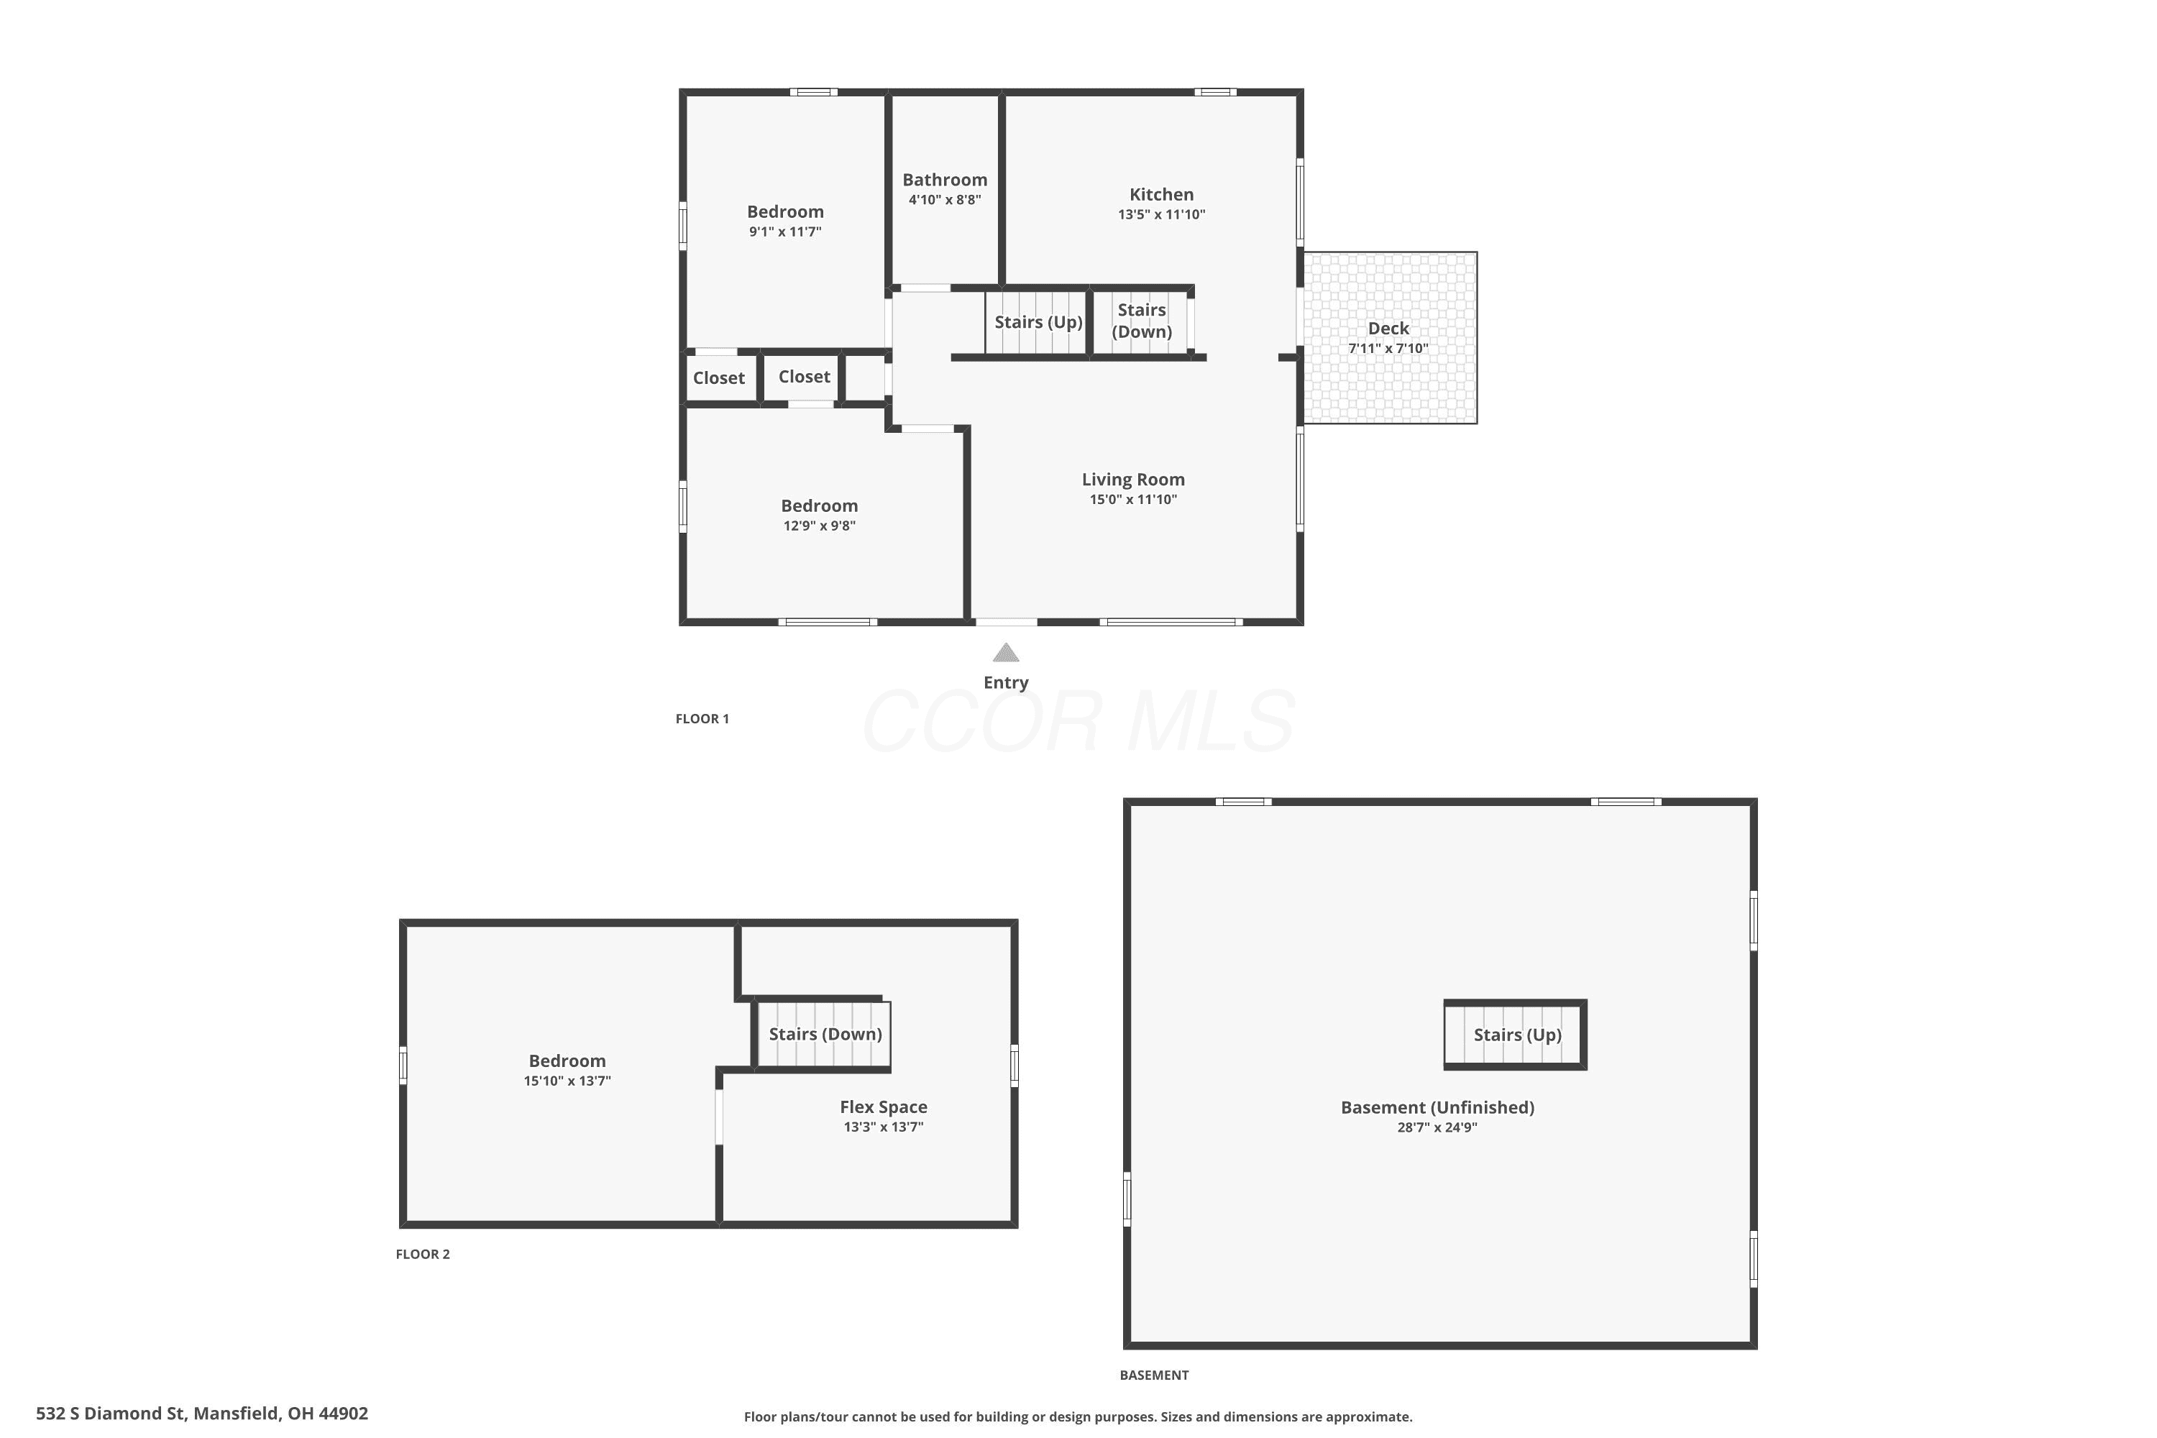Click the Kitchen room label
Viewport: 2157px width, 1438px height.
[x=1161, y=194]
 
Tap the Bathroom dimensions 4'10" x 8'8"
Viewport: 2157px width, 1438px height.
[x=945, y=200]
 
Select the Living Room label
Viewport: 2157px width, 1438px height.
[x=1132, y=480]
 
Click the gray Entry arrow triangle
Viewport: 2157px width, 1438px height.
[x=1006, y=652]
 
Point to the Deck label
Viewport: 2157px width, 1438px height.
[x=1388, y=329]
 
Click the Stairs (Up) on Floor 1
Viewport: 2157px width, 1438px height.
[x=1038, y=322]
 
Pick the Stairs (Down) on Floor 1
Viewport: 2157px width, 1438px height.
[x=1142, y=321]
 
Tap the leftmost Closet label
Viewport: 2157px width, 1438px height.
[x=719, y=378]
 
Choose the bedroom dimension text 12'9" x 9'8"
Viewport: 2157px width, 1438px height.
[x=819, y=526]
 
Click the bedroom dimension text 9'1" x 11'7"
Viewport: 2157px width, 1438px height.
[x=785, y=231]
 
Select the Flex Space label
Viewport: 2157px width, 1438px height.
[x=883, y=1107]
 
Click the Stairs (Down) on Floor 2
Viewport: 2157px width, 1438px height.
[x=825, y=1035]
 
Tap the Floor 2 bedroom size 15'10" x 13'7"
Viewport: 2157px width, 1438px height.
[x=567, y=1081]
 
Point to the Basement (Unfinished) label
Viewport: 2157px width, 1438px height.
[x=1437, y=1107]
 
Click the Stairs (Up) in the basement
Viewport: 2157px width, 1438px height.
[x=1515, y=1035]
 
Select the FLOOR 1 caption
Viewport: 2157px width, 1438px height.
[x=702, y=719]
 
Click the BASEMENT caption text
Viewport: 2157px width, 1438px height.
[x=1154, y=1375]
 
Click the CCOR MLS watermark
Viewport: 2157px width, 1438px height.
[x=1078, y=722]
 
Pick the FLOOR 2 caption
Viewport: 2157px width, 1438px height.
[x=423, y=1254]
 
